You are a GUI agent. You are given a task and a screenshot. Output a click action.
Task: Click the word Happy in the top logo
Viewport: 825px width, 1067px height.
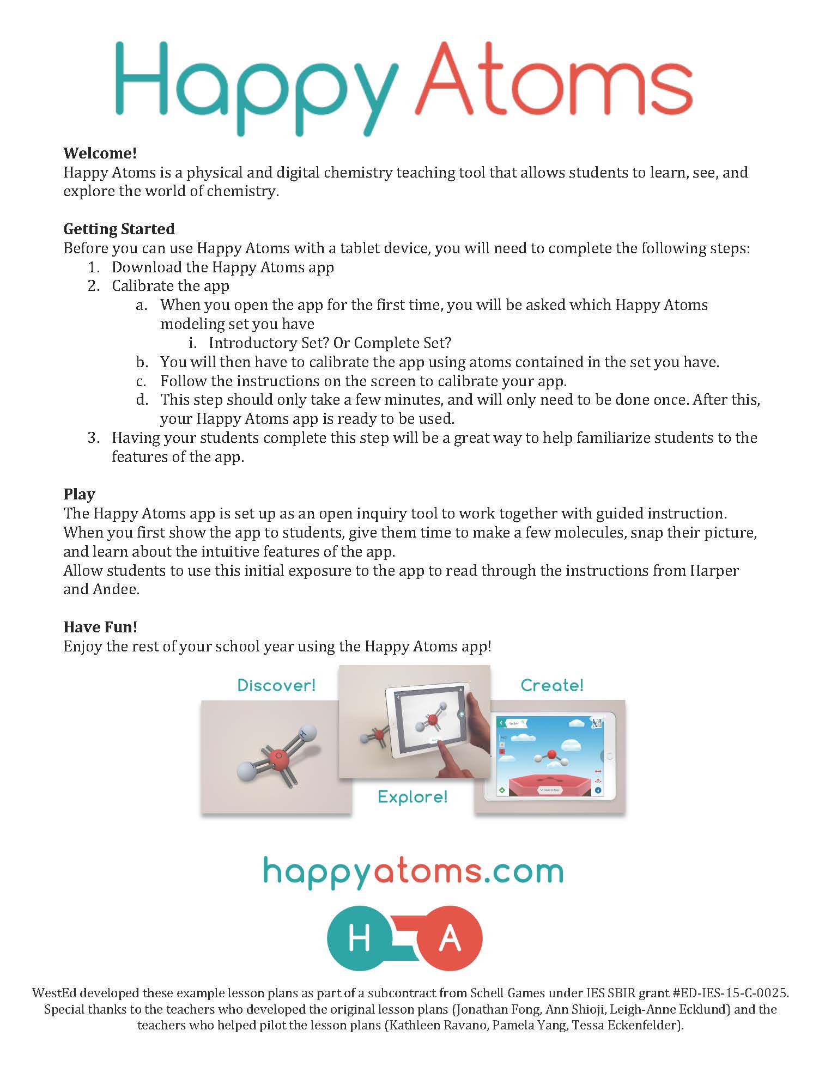tap(256, 87)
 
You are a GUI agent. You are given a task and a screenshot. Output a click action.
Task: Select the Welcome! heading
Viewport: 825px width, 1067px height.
tap(100, 153)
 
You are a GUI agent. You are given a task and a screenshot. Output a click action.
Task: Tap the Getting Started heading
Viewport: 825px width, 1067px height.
tap(119, 229)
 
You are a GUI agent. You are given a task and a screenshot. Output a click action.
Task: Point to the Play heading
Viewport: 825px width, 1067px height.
tap(79, 494)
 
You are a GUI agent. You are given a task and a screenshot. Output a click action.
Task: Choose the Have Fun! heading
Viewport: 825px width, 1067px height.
tap(100, 627)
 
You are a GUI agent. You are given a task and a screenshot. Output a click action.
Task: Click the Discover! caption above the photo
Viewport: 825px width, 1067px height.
tap(276, 685)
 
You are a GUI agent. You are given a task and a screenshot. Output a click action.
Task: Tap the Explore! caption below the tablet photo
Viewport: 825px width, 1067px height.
tap(412, 797)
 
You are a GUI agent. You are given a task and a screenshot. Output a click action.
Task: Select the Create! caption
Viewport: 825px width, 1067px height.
tap(552, 685)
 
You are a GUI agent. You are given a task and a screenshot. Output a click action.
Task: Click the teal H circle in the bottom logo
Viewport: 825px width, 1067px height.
tap(359, 938)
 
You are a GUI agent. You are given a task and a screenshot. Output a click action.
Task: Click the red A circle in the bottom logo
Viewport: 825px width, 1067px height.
tap(450, 938)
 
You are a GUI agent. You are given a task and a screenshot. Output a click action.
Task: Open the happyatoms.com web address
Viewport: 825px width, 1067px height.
tap(412, 871)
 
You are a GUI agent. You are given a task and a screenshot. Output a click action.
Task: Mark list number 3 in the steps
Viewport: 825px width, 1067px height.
tap(94, 438)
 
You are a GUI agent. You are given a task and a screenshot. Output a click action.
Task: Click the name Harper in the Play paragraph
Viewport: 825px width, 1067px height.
tap(714, 570)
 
